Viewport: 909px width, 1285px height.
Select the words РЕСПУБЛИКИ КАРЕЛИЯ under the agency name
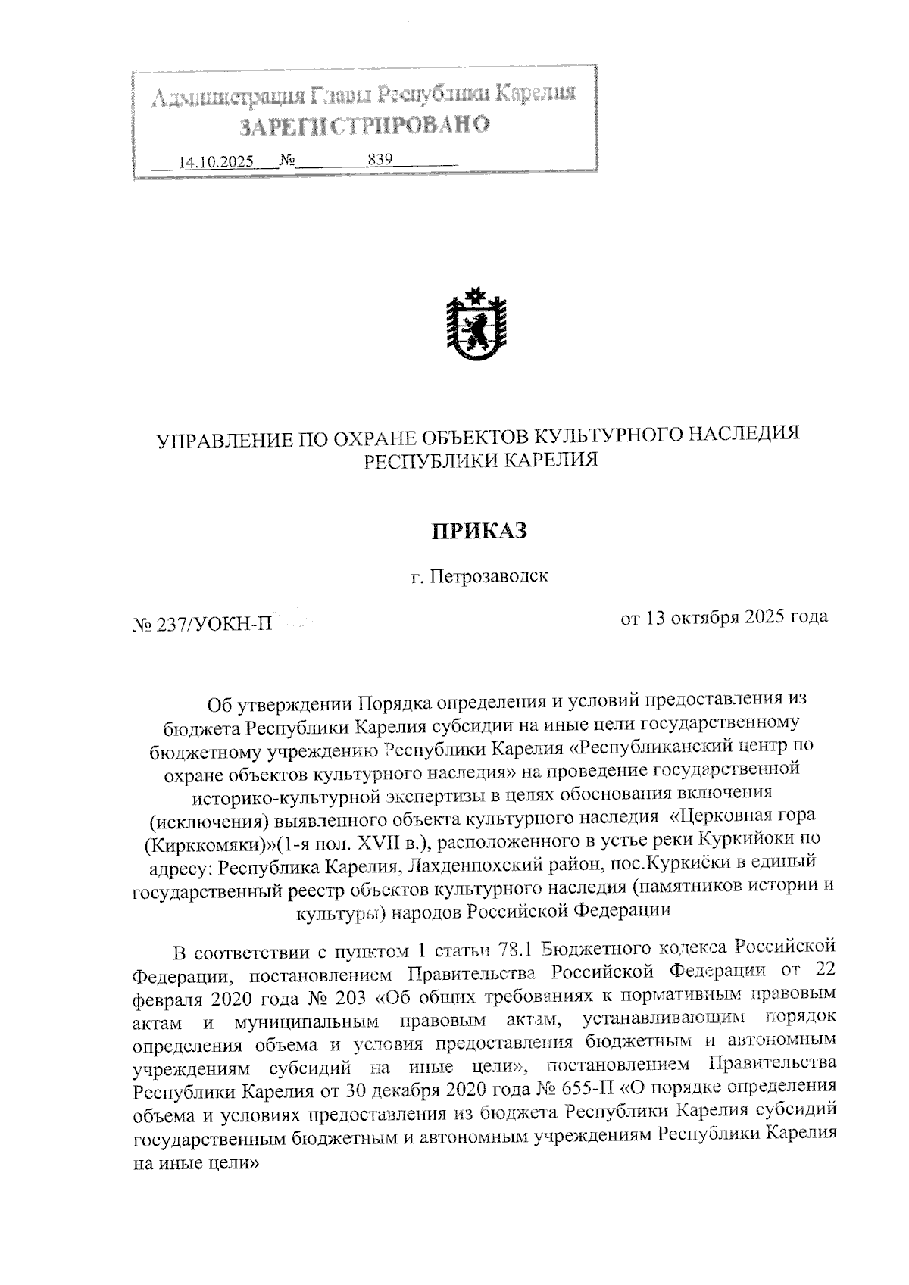(x=480, y=460)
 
